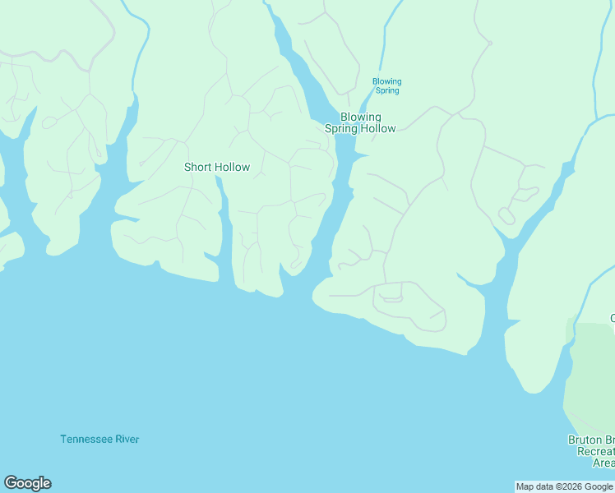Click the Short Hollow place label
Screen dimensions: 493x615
[217, 167]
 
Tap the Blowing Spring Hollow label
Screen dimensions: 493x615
[360, 122]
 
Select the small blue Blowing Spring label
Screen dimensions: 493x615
[386, 85]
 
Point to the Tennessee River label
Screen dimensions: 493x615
[99, 439]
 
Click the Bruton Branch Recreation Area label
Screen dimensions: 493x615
[591, 451]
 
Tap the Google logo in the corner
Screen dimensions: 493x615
[27, 483]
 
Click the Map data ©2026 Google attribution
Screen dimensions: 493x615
[564, 486]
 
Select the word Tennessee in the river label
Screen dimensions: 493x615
[86, 439]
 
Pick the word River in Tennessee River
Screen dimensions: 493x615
[127, 439]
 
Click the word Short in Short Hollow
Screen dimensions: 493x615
[197, 167]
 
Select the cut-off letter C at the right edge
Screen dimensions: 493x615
[612, 318]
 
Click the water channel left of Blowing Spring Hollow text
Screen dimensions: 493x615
[312, 99]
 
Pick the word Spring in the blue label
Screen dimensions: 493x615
[386, 90]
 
